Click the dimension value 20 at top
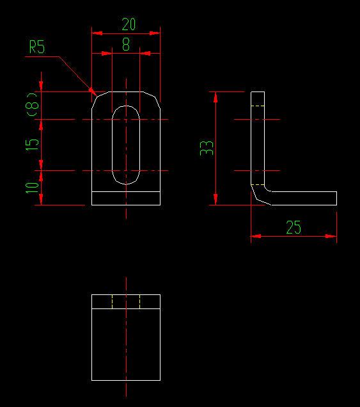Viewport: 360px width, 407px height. coord(129,24)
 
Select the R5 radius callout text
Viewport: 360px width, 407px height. coord(37,48)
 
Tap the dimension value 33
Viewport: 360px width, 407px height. coord(207,148)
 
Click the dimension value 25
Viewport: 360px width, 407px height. coord(293,228)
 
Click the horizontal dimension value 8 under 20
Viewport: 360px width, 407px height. coord(125,45)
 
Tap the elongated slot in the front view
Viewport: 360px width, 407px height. coord(126,145)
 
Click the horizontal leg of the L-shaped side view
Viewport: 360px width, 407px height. coord(301,198)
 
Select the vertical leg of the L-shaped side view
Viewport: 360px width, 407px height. coord(257,141)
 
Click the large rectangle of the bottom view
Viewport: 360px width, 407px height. coord(126,344)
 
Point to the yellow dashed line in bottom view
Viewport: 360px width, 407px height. coord(140,301)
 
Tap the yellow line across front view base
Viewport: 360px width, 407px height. coord(126,191)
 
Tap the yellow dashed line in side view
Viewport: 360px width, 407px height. coord(257,185)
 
